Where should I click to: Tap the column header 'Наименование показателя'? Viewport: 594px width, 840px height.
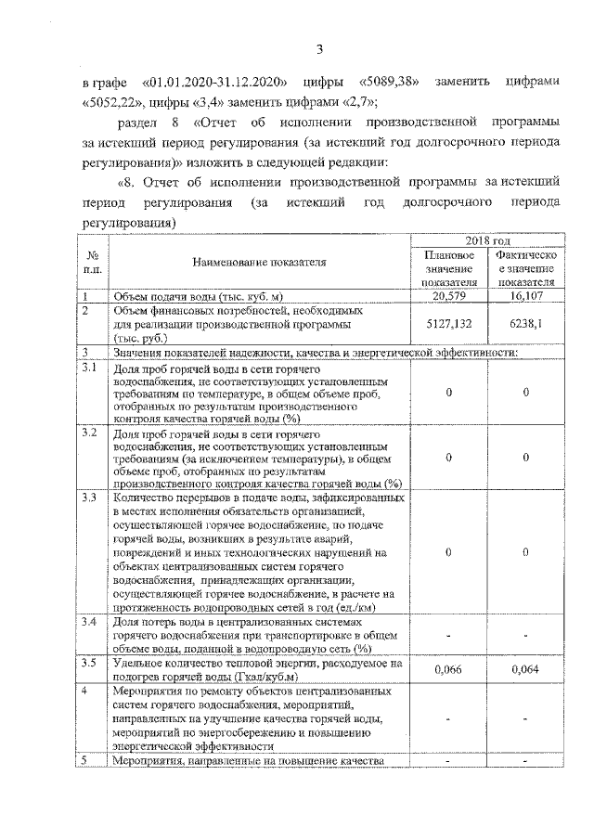pos(259,263)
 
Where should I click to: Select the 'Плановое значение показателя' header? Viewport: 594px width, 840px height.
pos(448,268)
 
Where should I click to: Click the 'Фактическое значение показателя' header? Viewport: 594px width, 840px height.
pos(525,268)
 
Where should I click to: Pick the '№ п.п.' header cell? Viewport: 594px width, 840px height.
pos(92,262)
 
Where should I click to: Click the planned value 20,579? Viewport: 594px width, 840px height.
pos(448,296)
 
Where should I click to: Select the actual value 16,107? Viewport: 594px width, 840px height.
pos(525,296)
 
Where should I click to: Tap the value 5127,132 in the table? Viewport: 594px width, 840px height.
pos(448,326)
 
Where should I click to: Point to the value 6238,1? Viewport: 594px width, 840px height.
pos(525,326)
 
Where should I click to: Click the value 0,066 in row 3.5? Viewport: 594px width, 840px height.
pos(448,668)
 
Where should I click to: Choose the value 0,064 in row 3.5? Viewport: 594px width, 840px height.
pos(525,668)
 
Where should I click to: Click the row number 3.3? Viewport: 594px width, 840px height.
pos(89,498)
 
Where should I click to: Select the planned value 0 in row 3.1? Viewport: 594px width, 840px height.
pos(448,393)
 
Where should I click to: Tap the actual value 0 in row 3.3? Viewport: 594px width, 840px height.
pos(525,552)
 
